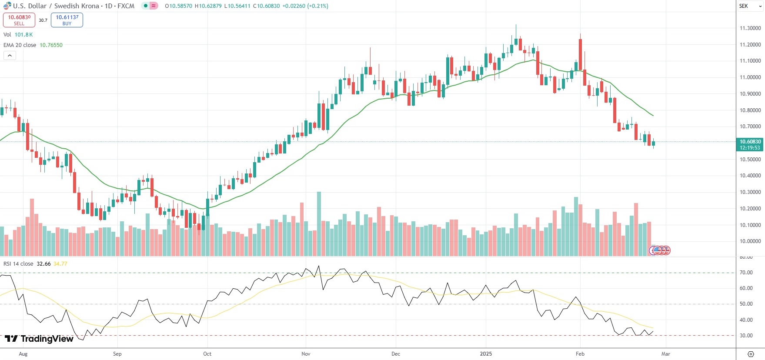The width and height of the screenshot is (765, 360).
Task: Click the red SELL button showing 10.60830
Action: pyautogui.click(x=19, y=20)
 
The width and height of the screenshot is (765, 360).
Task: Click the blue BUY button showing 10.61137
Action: pyautogui.click(x=67, y=20)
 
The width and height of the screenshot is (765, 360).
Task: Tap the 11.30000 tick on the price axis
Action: pyautogui.click(x=750, y=28)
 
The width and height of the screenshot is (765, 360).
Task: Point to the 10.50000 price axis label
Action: pyautogui.click(x=750, y=160)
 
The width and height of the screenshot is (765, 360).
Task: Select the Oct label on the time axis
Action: pyautogui.click(x=207, y=354)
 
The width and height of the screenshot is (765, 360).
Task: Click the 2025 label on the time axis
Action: pyautogui.click(x=486, y=354)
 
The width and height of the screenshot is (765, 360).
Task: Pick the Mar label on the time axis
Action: pyautogui.click(x=666, y=354)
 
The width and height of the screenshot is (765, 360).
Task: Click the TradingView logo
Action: pyautogui.click(x=39, y=339)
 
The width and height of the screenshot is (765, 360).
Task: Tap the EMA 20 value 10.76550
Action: pyautogui.click(x=51, y=45)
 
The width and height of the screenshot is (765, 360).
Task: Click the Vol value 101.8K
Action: pyautogui.click(x=23, y=35)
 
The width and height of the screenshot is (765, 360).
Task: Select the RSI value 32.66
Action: pyautogui.click(x=43, y=264)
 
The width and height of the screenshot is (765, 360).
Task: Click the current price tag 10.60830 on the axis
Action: pyautogui.click(x=750, y=144)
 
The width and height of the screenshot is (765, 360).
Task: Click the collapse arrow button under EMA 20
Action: pyautogui.click(x=10, y=56)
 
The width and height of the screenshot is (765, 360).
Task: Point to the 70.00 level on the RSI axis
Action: pyautogui.click(x=746, y=273)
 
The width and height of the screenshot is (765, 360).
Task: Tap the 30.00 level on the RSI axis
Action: pyautogui.click(x=746, y=336)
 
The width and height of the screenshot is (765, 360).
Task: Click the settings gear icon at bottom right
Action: pyautogui.click(x=751, y=354)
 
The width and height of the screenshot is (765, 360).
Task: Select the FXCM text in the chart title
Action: pyautogui.click(x=126, y=6)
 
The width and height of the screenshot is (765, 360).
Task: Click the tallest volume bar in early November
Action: pyautogui.click(x=319, y=224)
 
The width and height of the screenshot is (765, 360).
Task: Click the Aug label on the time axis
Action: pyautogui.click(x=23, y=354)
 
